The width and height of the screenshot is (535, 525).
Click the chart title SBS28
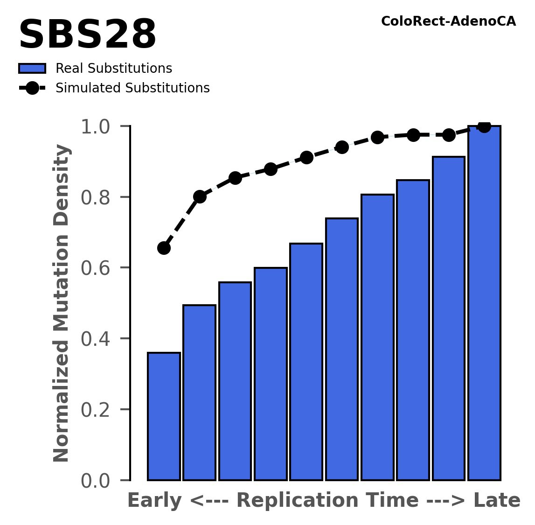[x=87, y=35]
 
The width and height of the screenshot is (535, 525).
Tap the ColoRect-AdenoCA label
[x=448, y=21]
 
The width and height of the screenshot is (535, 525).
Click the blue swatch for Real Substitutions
[x=32, y=69]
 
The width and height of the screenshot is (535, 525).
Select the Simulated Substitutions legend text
[x=132, y=88]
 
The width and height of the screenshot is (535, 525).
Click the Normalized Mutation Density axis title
[x=62, y=303]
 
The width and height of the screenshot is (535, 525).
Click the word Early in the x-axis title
[x=154, y=501]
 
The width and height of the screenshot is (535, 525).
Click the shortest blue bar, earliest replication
[x=164, y=416]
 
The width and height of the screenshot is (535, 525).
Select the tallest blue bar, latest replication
[x=484, y=303]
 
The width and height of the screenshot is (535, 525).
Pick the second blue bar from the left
[x=199, y=392]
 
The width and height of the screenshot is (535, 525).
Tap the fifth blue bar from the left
[x=306, y=362]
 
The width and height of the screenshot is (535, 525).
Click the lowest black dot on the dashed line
[x=164, y=248]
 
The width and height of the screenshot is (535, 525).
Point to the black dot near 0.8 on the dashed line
[x=200, y=196]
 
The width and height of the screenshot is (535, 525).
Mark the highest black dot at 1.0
[x=484, y=126]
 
